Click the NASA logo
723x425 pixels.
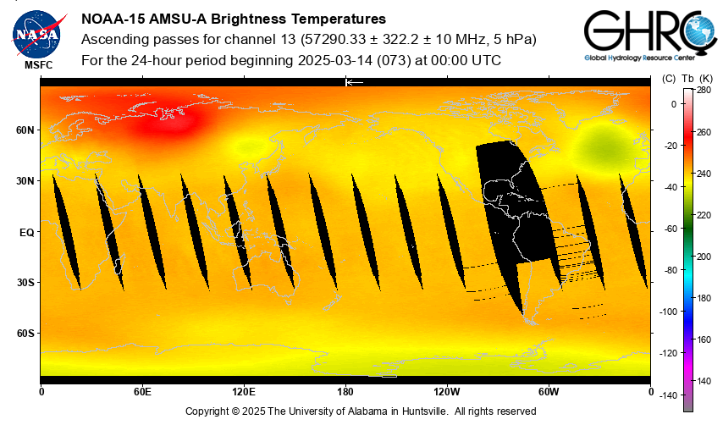[x=36, y=32]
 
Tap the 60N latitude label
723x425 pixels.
[x=24, y=130]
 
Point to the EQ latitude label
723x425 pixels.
[x=26, y=232]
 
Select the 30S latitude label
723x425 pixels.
[x=24, y=283]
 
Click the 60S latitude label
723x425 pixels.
[x=24, y=334]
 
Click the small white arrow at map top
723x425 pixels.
[x=355, y=82]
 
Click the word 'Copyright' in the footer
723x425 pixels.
[x=208, y=411]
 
